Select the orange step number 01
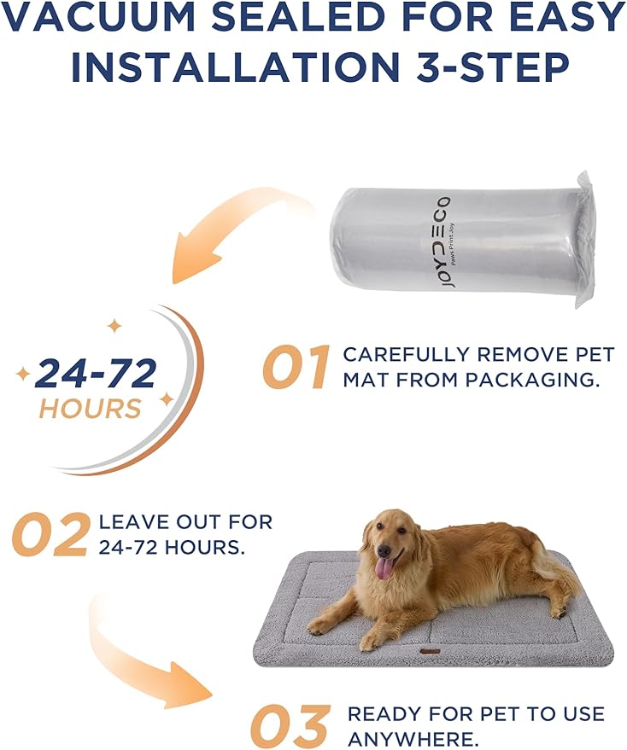[295, 368]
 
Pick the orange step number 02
[50, 534]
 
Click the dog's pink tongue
[385, 567]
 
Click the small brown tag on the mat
[430, 652]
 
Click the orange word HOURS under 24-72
[90, 408]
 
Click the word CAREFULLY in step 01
[404, 355]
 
